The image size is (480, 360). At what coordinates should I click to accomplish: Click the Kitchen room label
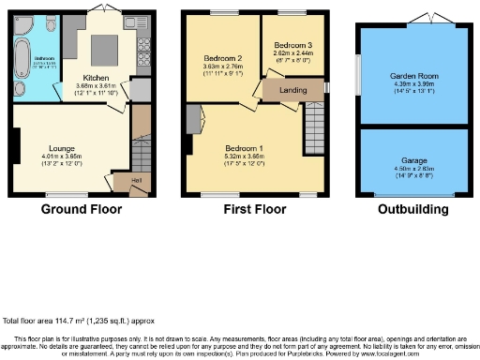click(x=97, y=78)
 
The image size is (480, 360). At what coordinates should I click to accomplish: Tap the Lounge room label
click(x=62, y=146)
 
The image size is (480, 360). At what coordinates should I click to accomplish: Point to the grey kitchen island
click(x=103, y=46)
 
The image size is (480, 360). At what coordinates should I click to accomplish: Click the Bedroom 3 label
click(x=292, y=45)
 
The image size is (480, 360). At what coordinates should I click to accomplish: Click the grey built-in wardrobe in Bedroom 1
click(x=194, y=120)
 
